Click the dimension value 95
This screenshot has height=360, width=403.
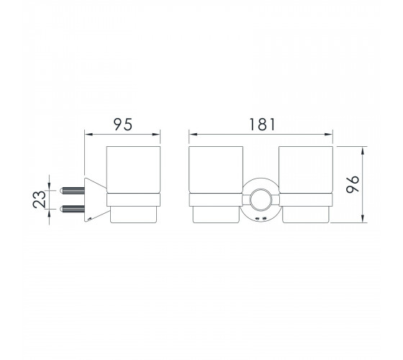coord(123,125)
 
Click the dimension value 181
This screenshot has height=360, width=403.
coord(262,125)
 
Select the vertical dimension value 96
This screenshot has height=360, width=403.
coord(353,184)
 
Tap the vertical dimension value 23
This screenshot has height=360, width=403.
coord(40,199)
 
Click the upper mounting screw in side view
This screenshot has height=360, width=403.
coord(72,191)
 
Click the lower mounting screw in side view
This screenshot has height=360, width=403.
coord(72,209)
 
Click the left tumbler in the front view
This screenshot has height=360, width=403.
coord(216,184)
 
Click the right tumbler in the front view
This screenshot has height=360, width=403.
coord(306,184)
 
